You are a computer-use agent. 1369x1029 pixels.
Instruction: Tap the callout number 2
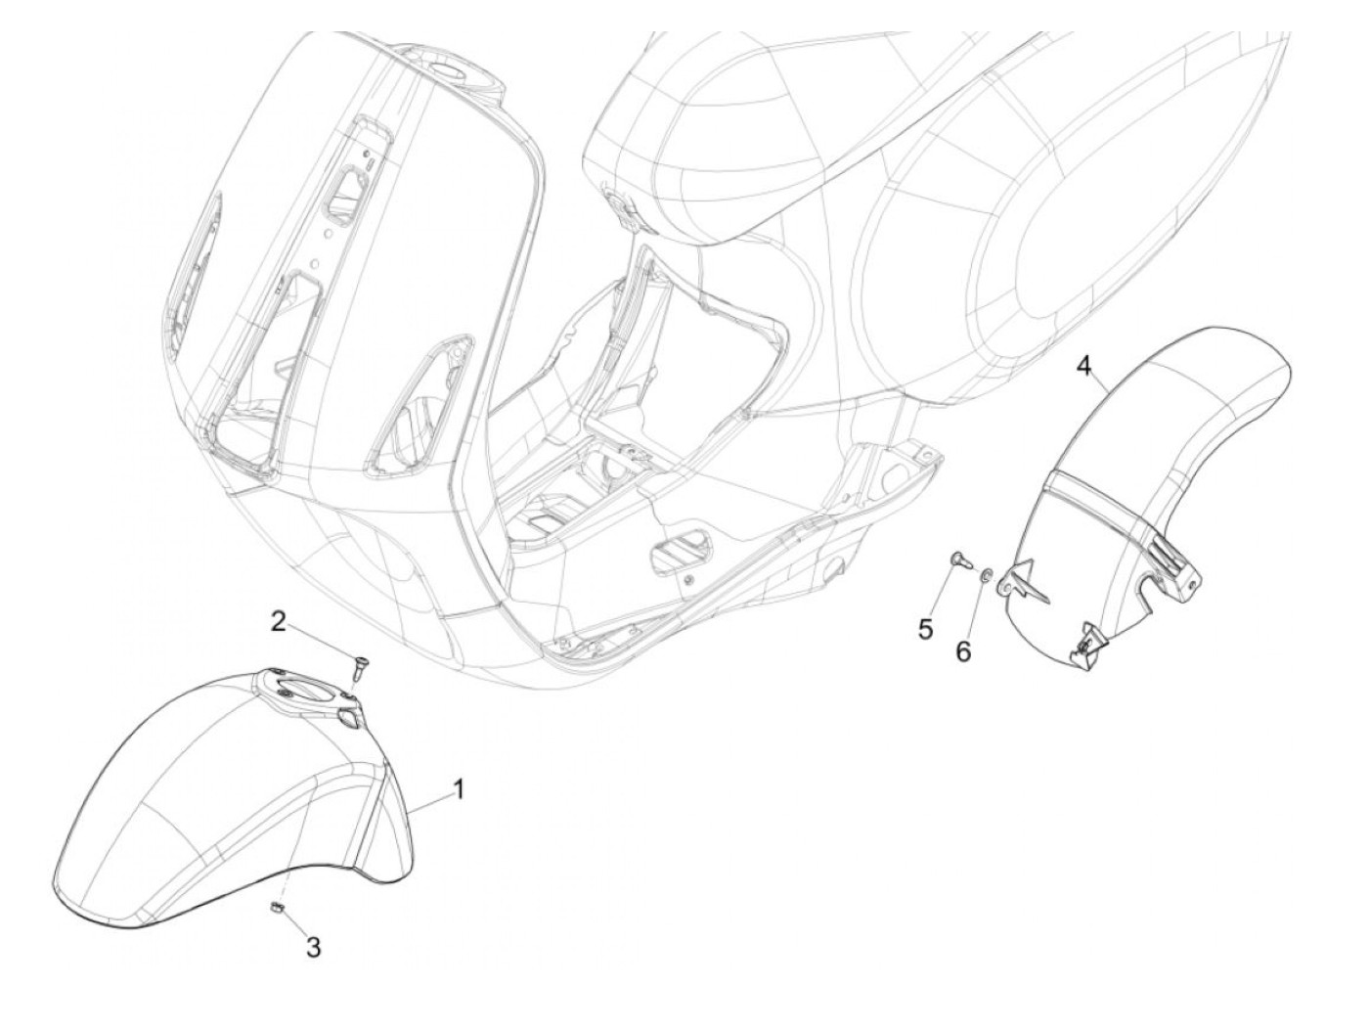279,621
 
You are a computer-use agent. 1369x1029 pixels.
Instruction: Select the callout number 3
312,946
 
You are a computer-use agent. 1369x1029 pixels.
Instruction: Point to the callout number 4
1082,366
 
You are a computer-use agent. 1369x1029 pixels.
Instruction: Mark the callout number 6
964,650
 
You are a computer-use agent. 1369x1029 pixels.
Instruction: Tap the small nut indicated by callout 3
276,910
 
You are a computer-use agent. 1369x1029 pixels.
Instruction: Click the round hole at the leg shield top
447,72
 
